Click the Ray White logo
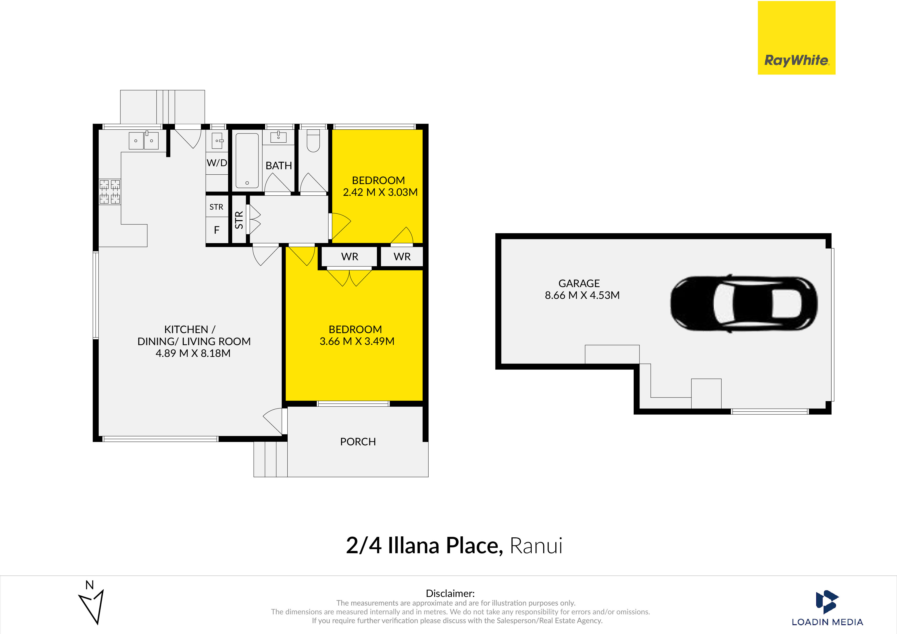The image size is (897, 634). [796, 38]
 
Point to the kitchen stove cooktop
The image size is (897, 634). [110, 191]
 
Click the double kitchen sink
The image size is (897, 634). [144, 140]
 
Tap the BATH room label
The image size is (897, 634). [278, 166]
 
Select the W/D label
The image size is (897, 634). [217, 163]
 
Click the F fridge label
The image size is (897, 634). [217, 230]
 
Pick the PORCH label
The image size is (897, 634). [358, 441]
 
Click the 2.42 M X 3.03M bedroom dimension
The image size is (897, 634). [380, 192]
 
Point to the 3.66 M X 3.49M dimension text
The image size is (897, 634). [357, 342]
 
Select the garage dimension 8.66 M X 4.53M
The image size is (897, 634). [582, 295]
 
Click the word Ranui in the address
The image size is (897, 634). [536, 546]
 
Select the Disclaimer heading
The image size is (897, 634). [450, 593]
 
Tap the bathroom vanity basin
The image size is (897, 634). [278, 137]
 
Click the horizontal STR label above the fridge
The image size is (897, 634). [216, 207]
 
